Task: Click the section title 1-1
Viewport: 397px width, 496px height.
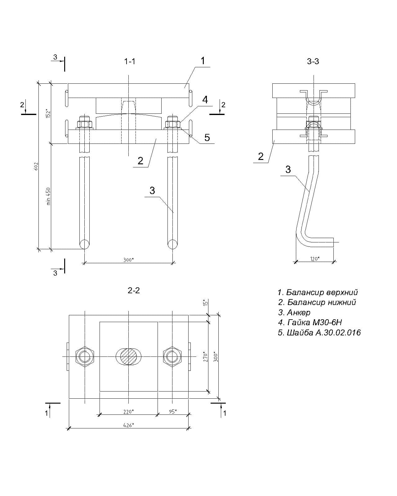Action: click(130, 62)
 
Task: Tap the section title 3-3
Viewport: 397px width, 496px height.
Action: click(313, 61)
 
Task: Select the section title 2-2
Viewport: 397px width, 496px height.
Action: click(134, 290)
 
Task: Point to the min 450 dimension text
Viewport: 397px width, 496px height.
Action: click(48, 196)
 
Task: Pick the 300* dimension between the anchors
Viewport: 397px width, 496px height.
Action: click(128, 260)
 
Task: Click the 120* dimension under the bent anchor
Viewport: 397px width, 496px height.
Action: click(315, 259)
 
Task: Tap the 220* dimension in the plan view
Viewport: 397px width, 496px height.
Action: click(128, 411)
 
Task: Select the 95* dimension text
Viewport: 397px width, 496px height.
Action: click(173, 411)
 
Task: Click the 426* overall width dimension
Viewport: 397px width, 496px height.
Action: click(128, 425)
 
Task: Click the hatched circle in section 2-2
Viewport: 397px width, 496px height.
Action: click(128, 357)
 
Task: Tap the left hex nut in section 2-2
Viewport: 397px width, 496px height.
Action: click(85, 357)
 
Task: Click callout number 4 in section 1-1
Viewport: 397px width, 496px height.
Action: click(205, 100)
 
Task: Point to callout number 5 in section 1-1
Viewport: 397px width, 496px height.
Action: click(207, 137)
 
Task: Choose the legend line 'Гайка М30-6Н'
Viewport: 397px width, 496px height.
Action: click(310, 322)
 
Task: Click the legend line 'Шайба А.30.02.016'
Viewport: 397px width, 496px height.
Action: click(319, 333)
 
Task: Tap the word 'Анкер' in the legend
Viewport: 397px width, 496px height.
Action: click(298, 312)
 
